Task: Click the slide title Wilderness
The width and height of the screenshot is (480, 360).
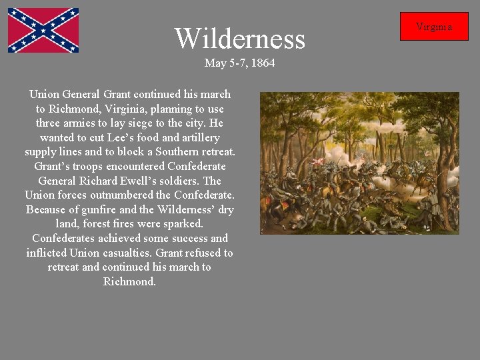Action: (239, 39)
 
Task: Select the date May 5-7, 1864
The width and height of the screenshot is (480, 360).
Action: (239, 63)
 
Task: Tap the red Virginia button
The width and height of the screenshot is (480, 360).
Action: (434, 27)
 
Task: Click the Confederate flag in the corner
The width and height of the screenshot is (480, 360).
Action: (43, 31)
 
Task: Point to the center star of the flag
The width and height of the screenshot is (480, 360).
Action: (43, 31)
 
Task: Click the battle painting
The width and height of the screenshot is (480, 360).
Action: (359, 163)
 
